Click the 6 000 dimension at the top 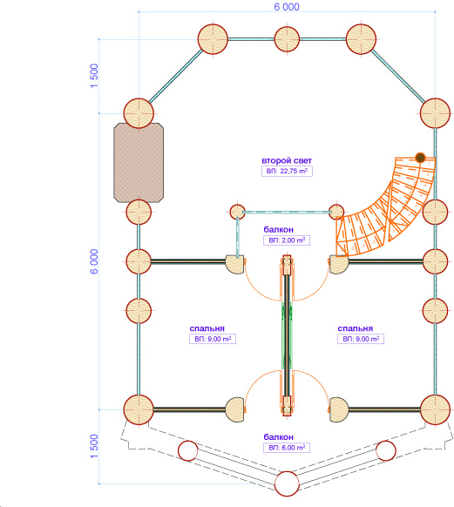pyautogui.click(x=287, y=7)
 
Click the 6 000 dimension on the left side pyautogui.click(x=94, y=261)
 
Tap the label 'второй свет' pyautogui.click(x=287, y=160)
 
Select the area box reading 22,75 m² pyautogui.click(x=287, y=171)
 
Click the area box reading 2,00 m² pyautogui.click(x=287, y=240)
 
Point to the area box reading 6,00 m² pyautogui.click(x=287, y=448)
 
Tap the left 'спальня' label pyautogui.click(x=207, y=328)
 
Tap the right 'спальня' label pyautogui.click(x=356, y=328)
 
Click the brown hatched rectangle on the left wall pyautogui.click(x=139, y=163)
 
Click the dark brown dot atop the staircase pyautogui.click(x=420, y=158)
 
